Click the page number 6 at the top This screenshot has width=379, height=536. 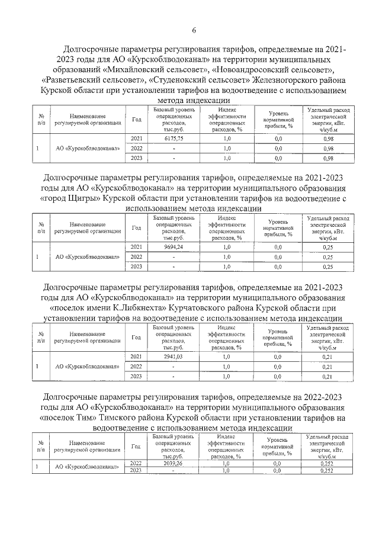[x=193, y=31]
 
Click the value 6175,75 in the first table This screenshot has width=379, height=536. [x=174, y=138]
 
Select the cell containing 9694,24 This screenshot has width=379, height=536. [x=174, y=246]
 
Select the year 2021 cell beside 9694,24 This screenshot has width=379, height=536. [x=136, y=246]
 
